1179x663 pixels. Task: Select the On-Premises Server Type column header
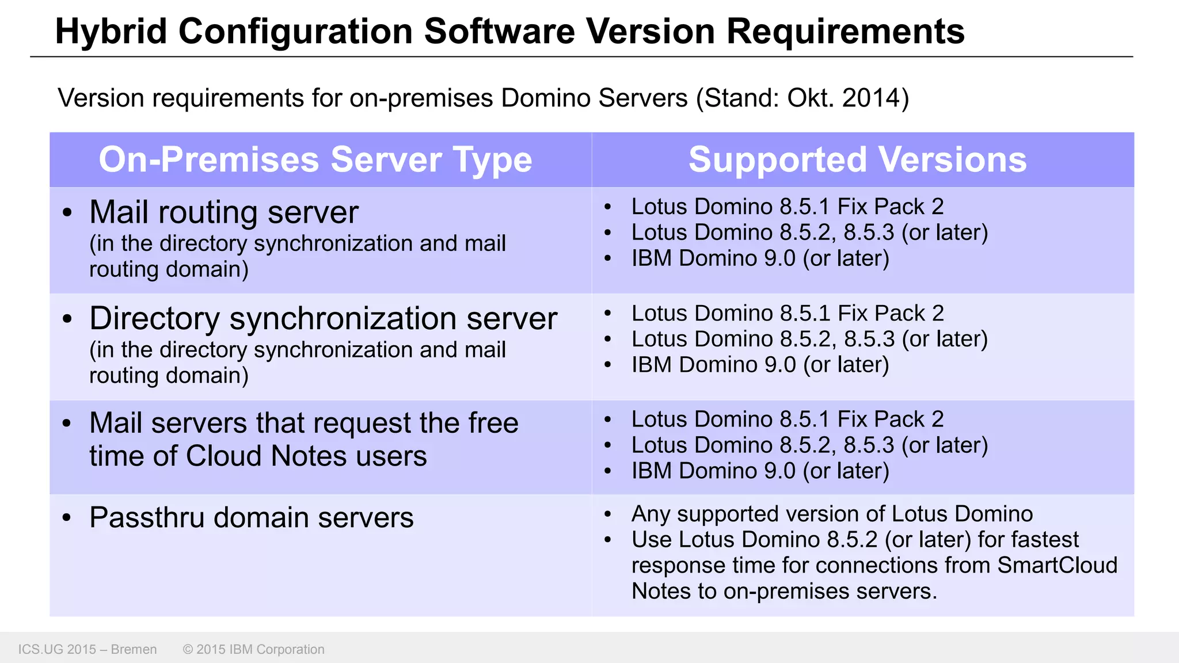[315, 159]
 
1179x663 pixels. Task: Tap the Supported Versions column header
[857, 159]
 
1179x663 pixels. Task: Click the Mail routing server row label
[224, 212]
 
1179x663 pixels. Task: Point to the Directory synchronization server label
[323, 318]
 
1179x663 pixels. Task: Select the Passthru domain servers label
[252, 517]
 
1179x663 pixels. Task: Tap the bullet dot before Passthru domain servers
[67, 518]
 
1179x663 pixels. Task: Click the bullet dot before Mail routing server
[67, 212]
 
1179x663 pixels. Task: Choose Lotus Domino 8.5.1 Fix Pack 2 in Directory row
[788, 313]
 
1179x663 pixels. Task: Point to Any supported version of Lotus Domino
[832, 513]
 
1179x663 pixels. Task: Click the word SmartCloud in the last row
[1057, 565]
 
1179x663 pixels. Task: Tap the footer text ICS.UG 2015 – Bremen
[88, 649]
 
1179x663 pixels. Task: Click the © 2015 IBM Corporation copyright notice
[253, 649]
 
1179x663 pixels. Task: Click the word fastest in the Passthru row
[1044, 539]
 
